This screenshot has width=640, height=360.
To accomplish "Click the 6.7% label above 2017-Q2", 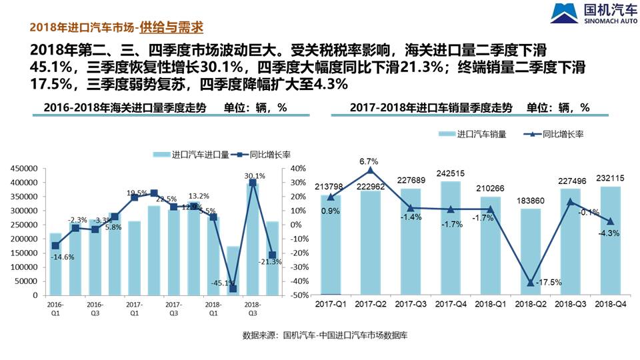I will click(x=369, y=161).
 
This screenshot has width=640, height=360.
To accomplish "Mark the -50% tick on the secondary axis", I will click(x=298, y=295).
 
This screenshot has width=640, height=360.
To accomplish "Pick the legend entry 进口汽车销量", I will click(x=473, y=134).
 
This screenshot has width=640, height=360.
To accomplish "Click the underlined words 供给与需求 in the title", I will click(x=171, y=27).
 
